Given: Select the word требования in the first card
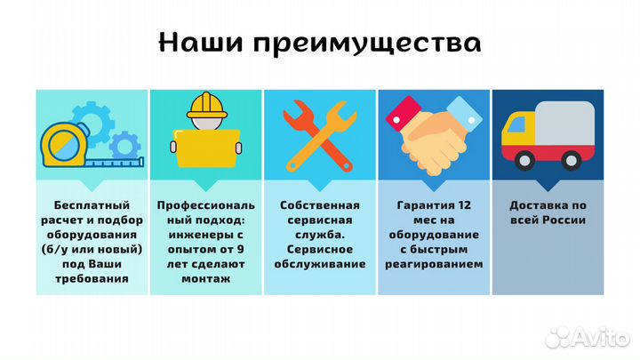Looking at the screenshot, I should (x=92, y=278).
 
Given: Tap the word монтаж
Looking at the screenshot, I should (x=205, y=278).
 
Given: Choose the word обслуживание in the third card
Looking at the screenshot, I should (x=319, y=263).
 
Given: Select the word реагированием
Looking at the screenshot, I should (x=433, y=263).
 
